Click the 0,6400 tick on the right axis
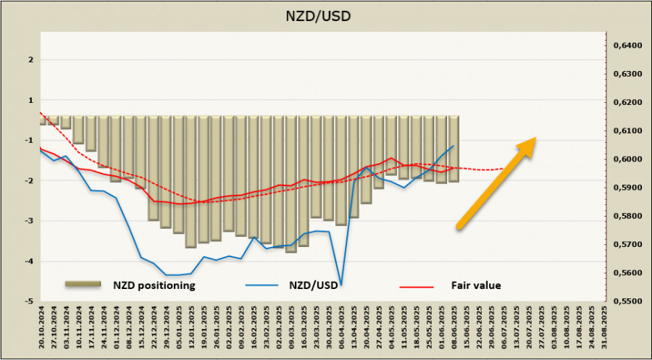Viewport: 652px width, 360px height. pyautogui.click(x=627, y=46)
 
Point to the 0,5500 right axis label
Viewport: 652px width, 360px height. pyautogui.click(x=627, y=301)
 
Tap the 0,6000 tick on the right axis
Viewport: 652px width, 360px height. pyautogui.click(x=627, y=159)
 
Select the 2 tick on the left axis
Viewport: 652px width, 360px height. pyautogui.click(x=30, y=60)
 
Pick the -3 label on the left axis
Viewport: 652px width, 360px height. pyautogui.click(x=28, y=221)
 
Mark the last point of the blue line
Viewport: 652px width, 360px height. pyautogui.click(x=454, y=146)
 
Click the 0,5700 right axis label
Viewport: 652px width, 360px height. pyautogui.click(x=627, y=244)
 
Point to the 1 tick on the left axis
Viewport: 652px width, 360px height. pyautogui.click(x=30, y=101)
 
